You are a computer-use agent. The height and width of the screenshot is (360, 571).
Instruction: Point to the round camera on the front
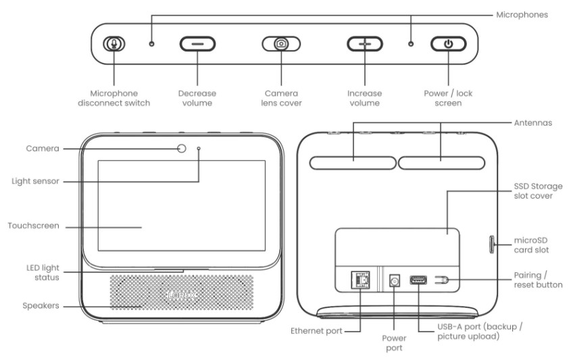182,149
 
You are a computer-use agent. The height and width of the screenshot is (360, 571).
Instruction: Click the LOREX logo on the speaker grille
182,295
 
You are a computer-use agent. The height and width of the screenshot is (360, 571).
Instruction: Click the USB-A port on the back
418,280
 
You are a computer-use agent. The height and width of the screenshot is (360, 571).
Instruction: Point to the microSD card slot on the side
491,242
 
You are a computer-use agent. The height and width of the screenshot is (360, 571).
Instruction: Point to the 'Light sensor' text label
38,181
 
